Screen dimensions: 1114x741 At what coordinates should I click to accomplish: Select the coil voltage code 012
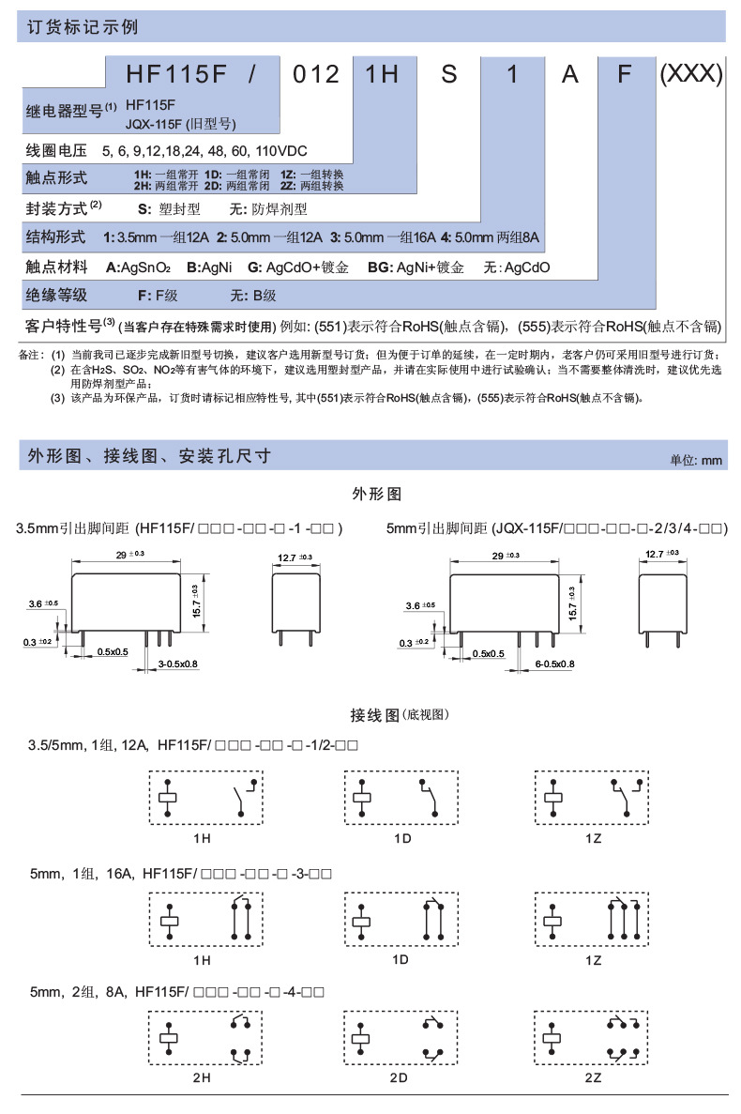316,73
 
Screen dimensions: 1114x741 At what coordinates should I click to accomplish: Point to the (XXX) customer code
690,73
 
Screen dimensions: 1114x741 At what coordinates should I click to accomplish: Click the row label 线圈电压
56,150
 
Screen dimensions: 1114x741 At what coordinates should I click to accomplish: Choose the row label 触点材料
56,267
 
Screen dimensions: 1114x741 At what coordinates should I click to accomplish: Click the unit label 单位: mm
696,460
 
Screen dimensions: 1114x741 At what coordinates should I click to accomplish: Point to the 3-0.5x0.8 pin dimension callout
178,664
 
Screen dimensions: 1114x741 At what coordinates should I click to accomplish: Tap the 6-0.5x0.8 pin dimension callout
553,664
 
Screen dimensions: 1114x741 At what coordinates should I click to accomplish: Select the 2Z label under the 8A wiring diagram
593,1077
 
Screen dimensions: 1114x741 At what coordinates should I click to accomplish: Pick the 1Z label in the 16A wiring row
593,960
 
